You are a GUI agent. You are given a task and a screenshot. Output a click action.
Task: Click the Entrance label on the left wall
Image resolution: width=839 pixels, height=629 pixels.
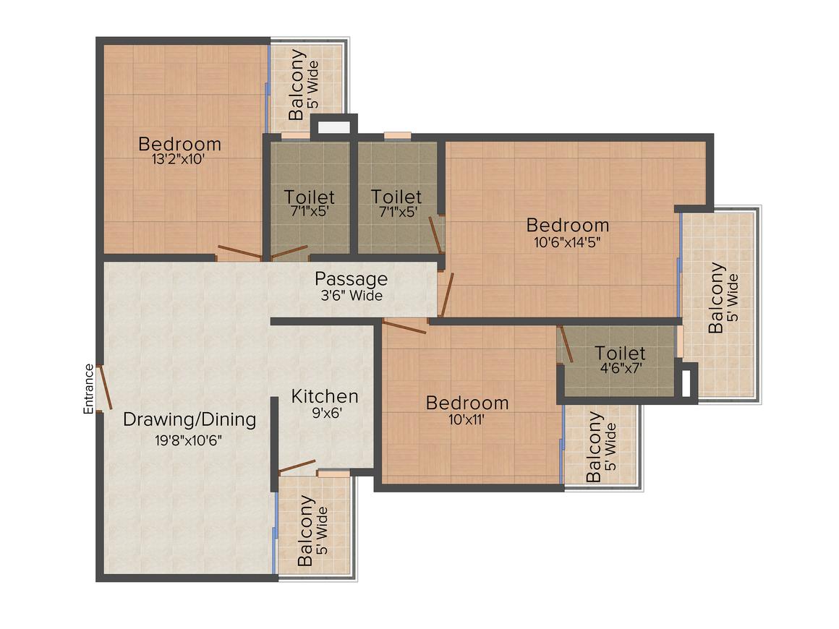click(x=88, y=389)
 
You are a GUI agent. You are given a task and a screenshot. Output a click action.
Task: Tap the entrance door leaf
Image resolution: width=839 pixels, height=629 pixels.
click(x=106, y=388)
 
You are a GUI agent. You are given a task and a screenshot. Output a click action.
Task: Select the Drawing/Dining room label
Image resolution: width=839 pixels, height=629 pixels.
click(x=189, y=419)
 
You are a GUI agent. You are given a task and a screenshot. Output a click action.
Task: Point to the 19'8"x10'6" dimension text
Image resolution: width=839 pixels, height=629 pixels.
click(x=188, y=441)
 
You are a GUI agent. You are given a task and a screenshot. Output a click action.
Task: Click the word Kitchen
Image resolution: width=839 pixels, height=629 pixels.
click(x=325, y=396)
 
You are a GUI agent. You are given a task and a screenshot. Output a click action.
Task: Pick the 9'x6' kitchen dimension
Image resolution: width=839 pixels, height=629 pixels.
click(x=327, y=413)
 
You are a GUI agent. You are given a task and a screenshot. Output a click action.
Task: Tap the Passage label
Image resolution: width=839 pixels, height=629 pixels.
click(x=351, y=279)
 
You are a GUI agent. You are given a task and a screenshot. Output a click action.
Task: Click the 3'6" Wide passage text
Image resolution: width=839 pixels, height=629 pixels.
click(x=352, y=295)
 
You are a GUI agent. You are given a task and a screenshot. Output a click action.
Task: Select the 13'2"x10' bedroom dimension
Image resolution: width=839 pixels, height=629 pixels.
click(x=178, y=159)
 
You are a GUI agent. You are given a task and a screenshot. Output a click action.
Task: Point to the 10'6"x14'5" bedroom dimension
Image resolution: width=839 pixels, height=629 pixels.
click(x=567, y=241)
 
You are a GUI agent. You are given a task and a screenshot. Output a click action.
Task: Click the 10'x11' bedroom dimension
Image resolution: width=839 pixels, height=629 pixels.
click(x=467, y=419)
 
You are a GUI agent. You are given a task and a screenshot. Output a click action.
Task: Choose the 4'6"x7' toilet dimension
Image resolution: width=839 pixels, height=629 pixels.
click(x=621, y=368)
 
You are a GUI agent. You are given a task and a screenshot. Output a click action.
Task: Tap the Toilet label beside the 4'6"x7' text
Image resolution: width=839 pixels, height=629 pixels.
click(x=620, y=353)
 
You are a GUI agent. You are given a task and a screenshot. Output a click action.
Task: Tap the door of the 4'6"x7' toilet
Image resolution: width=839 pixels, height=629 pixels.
click(x=566, y=343)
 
